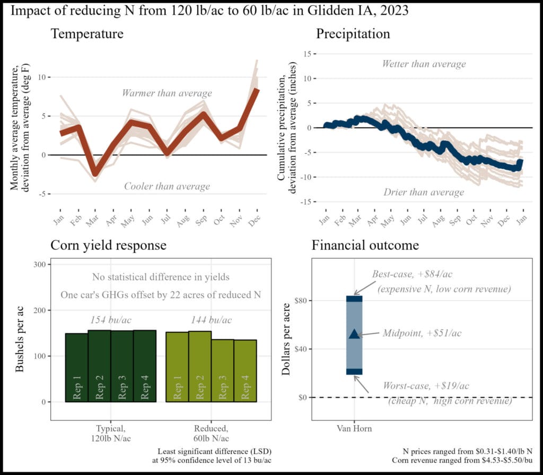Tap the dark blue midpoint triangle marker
click(354, 333)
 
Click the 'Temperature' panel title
click(87, 34)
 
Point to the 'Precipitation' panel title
click(353, 34)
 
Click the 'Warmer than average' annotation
click(167, 93)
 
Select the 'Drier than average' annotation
click(424, 192)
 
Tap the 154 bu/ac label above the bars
click(111, 320)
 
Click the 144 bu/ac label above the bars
click(212, 320)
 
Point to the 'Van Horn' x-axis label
click(354, 428)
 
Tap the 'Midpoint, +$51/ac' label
click(422, 333)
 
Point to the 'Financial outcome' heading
click(365, 245)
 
